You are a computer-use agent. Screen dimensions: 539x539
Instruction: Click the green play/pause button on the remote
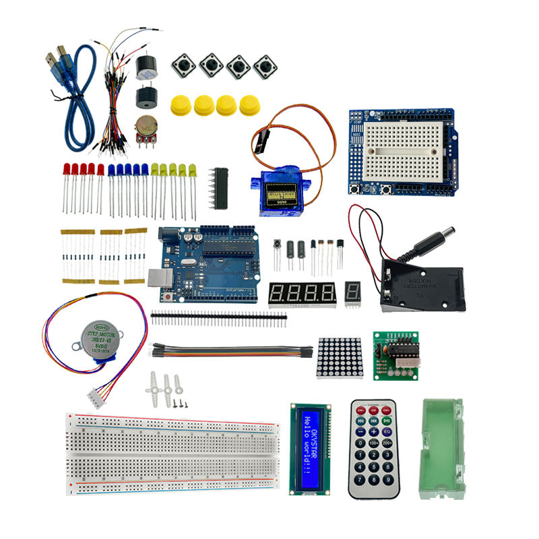pyautogui.click(x=387, y=420)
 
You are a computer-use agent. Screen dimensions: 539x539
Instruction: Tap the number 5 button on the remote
pyautogui.click(x=374, y=455)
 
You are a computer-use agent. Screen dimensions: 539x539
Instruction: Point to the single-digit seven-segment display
pyautogui.click(x=352, y=293)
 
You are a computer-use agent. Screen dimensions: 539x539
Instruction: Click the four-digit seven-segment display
pyautogui.click(x=301, y=293)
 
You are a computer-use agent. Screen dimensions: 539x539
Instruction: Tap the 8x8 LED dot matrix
pyautogui.click(x=339, y=358)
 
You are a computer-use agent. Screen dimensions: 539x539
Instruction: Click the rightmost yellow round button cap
pyautogui.click(x=250, y=104)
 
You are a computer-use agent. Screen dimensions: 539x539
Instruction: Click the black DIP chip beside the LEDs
pyautogui.click(x=220, y=187)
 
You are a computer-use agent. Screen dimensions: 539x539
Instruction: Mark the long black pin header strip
pyautogui.click(x=218, y=315)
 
